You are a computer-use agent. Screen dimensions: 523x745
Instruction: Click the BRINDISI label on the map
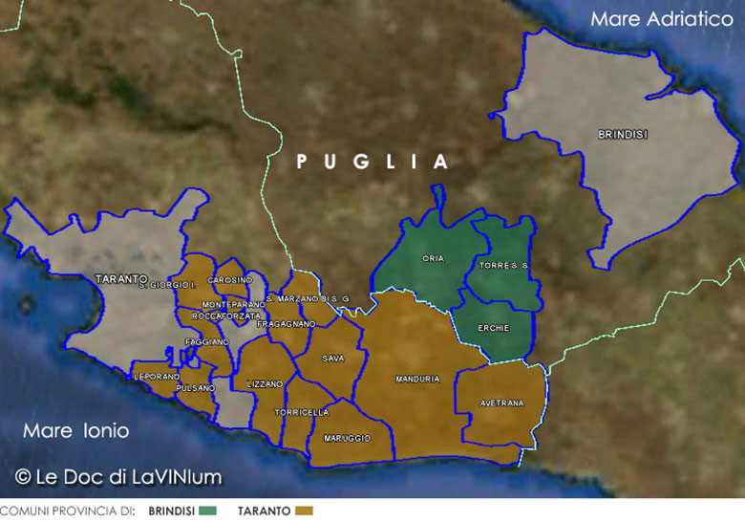pyautogui.click(x=622, y=135)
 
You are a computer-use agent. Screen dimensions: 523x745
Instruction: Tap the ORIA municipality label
pyautogui.click(x=433, y=258)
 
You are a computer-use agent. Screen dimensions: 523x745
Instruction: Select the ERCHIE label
pyautogui.click(x=494, y=328)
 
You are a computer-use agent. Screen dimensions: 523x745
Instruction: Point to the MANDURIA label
pyautogui.click(x=417, y=380)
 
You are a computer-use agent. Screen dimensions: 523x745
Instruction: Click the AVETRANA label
pyautogui.click(x=501, y=403)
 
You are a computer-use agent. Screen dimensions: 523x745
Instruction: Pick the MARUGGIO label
pyautogui.click(x=347, y=437)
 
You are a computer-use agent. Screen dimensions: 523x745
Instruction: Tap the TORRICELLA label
pyautogui.click(x=301, y=412)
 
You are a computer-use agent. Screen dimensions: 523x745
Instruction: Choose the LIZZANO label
pyautogui.click(x=265, y=383)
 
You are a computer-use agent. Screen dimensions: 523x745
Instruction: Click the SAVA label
pyautogui.click(x=333, y=359)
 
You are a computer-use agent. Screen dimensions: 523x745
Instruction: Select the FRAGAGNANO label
pyautogui.click(x=286, y=324)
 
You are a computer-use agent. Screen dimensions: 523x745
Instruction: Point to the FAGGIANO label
pyautogui.click(x=207, y=341)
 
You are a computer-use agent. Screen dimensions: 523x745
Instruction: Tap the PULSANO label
pyautogui.click(x=195, y=389)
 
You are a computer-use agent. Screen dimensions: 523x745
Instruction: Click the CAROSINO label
pyautogui.click(x=229, y=279)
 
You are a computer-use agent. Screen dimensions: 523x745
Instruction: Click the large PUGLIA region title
pyautogui.click(x=372, y=163)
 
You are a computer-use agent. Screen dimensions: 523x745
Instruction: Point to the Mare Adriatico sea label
pyautogui.click(x=661, y=19)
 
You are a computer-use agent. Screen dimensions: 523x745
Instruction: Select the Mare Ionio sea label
pyautogui.click(x=75, y=431)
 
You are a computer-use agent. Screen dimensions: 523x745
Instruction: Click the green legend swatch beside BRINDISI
pyautogui.click(x=208, y=512)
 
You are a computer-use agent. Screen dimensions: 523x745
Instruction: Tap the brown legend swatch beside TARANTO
pyautogui.click(x=305, y=512)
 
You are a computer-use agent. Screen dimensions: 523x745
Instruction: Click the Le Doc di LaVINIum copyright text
pyautogui.click(x=117, y=475)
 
